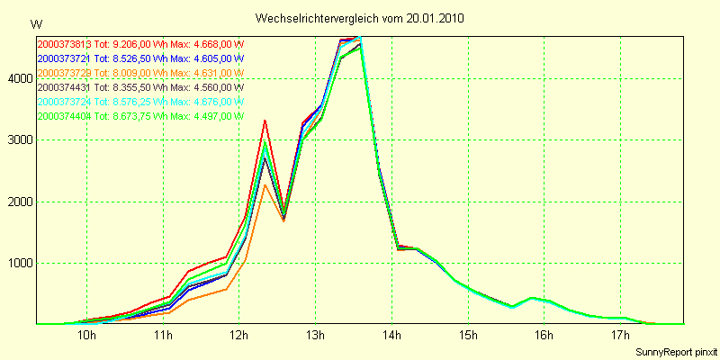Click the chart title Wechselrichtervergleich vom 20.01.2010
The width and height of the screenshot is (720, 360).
point(359,18)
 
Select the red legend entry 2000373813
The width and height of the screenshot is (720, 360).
point(140,44)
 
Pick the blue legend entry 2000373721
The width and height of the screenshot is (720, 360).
point(140,58)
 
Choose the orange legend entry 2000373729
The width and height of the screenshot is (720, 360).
point(140,73)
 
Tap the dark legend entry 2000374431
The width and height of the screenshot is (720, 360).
point(140,87)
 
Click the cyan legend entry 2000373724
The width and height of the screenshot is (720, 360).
point(140,102)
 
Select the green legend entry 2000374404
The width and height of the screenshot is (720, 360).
point(140,116)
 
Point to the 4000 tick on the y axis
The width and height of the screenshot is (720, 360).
point(18,79)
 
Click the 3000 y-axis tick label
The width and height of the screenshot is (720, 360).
point(18,140)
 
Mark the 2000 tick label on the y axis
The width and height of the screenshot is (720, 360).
point(18,202)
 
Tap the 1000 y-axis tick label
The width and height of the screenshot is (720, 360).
point(18,264)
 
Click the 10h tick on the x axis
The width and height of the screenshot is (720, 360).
point(87,336)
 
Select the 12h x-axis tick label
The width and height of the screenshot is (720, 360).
point(239,336)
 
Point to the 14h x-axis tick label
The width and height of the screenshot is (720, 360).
point(391,336)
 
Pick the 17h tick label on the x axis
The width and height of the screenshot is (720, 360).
point(619,336)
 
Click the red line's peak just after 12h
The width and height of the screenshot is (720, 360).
point(265,121)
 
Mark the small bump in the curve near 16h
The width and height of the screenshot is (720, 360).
point(532,297)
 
